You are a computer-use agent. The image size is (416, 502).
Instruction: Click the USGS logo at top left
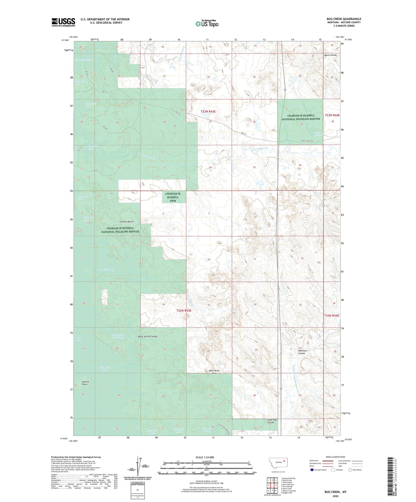(63, 22)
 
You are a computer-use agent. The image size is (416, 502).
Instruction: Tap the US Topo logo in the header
(206, 24)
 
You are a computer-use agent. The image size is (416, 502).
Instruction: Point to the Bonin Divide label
(330, 55)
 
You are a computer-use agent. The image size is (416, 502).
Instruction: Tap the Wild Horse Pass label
(214, 372)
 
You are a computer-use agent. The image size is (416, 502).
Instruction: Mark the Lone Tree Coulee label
(272, 421)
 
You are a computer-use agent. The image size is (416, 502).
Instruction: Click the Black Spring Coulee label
(147, 336)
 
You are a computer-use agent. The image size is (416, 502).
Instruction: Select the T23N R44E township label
(332, 115)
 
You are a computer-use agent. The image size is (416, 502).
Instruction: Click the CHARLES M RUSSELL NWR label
(173, 197)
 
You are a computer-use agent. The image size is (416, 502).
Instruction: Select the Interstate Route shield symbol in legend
(312, 470)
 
